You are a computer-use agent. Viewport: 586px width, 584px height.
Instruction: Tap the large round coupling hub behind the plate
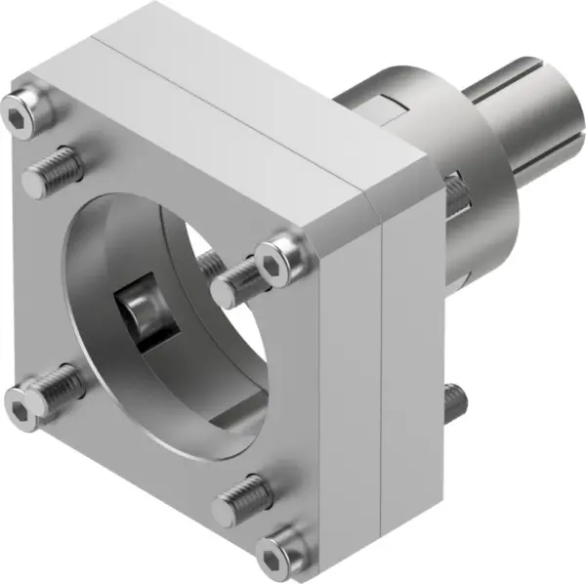pos(430,117)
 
